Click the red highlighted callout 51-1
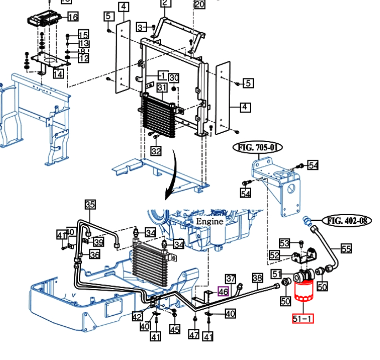coord(303,318)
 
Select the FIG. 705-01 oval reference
coord(258,148)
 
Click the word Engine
coord(210,221)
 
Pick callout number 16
coord(72,17)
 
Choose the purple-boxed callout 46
coord(223,291)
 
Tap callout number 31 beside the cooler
coord(162,88)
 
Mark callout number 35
coord(90,205)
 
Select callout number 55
coord(346,249)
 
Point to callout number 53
coord(284,243)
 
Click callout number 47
coord(194,335)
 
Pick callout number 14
coord(58,74)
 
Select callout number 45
coord(175,330)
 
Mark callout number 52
coord(275,255)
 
